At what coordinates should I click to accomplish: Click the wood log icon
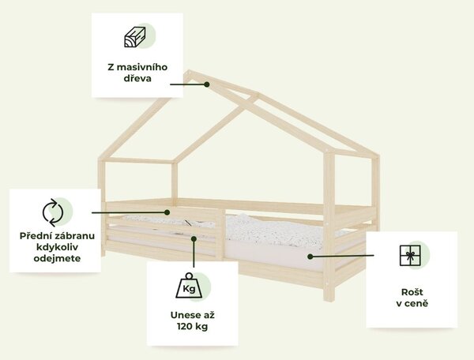coord(135,37)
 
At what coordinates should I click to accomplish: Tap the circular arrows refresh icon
coord(53,212)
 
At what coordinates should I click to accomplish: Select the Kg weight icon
coord(190,286)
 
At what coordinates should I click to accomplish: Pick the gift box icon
coord(410,256)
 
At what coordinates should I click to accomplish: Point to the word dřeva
coord(137,78)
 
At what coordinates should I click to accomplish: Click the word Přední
coord(32,235)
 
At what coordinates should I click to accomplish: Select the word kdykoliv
coord(57,247)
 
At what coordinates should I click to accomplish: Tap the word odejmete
coord(57,258)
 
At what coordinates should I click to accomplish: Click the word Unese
coord(182,315)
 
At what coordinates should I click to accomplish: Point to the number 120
coord(185,327)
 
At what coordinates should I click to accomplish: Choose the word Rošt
coord(412,292)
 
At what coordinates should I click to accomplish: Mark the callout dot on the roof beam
coord(207,84)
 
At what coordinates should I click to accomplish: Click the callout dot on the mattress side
coord(310,257)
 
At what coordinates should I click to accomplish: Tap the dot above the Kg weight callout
coord(194,239)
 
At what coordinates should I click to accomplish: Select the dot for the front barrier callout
coord(167,212)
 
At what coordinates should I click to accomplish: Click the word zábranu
coord(72,235)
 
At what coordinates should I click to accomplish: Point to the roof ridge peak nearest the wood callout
coord(189,72)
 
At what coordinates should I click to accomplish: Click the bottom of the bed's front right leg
coord(329,299)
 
